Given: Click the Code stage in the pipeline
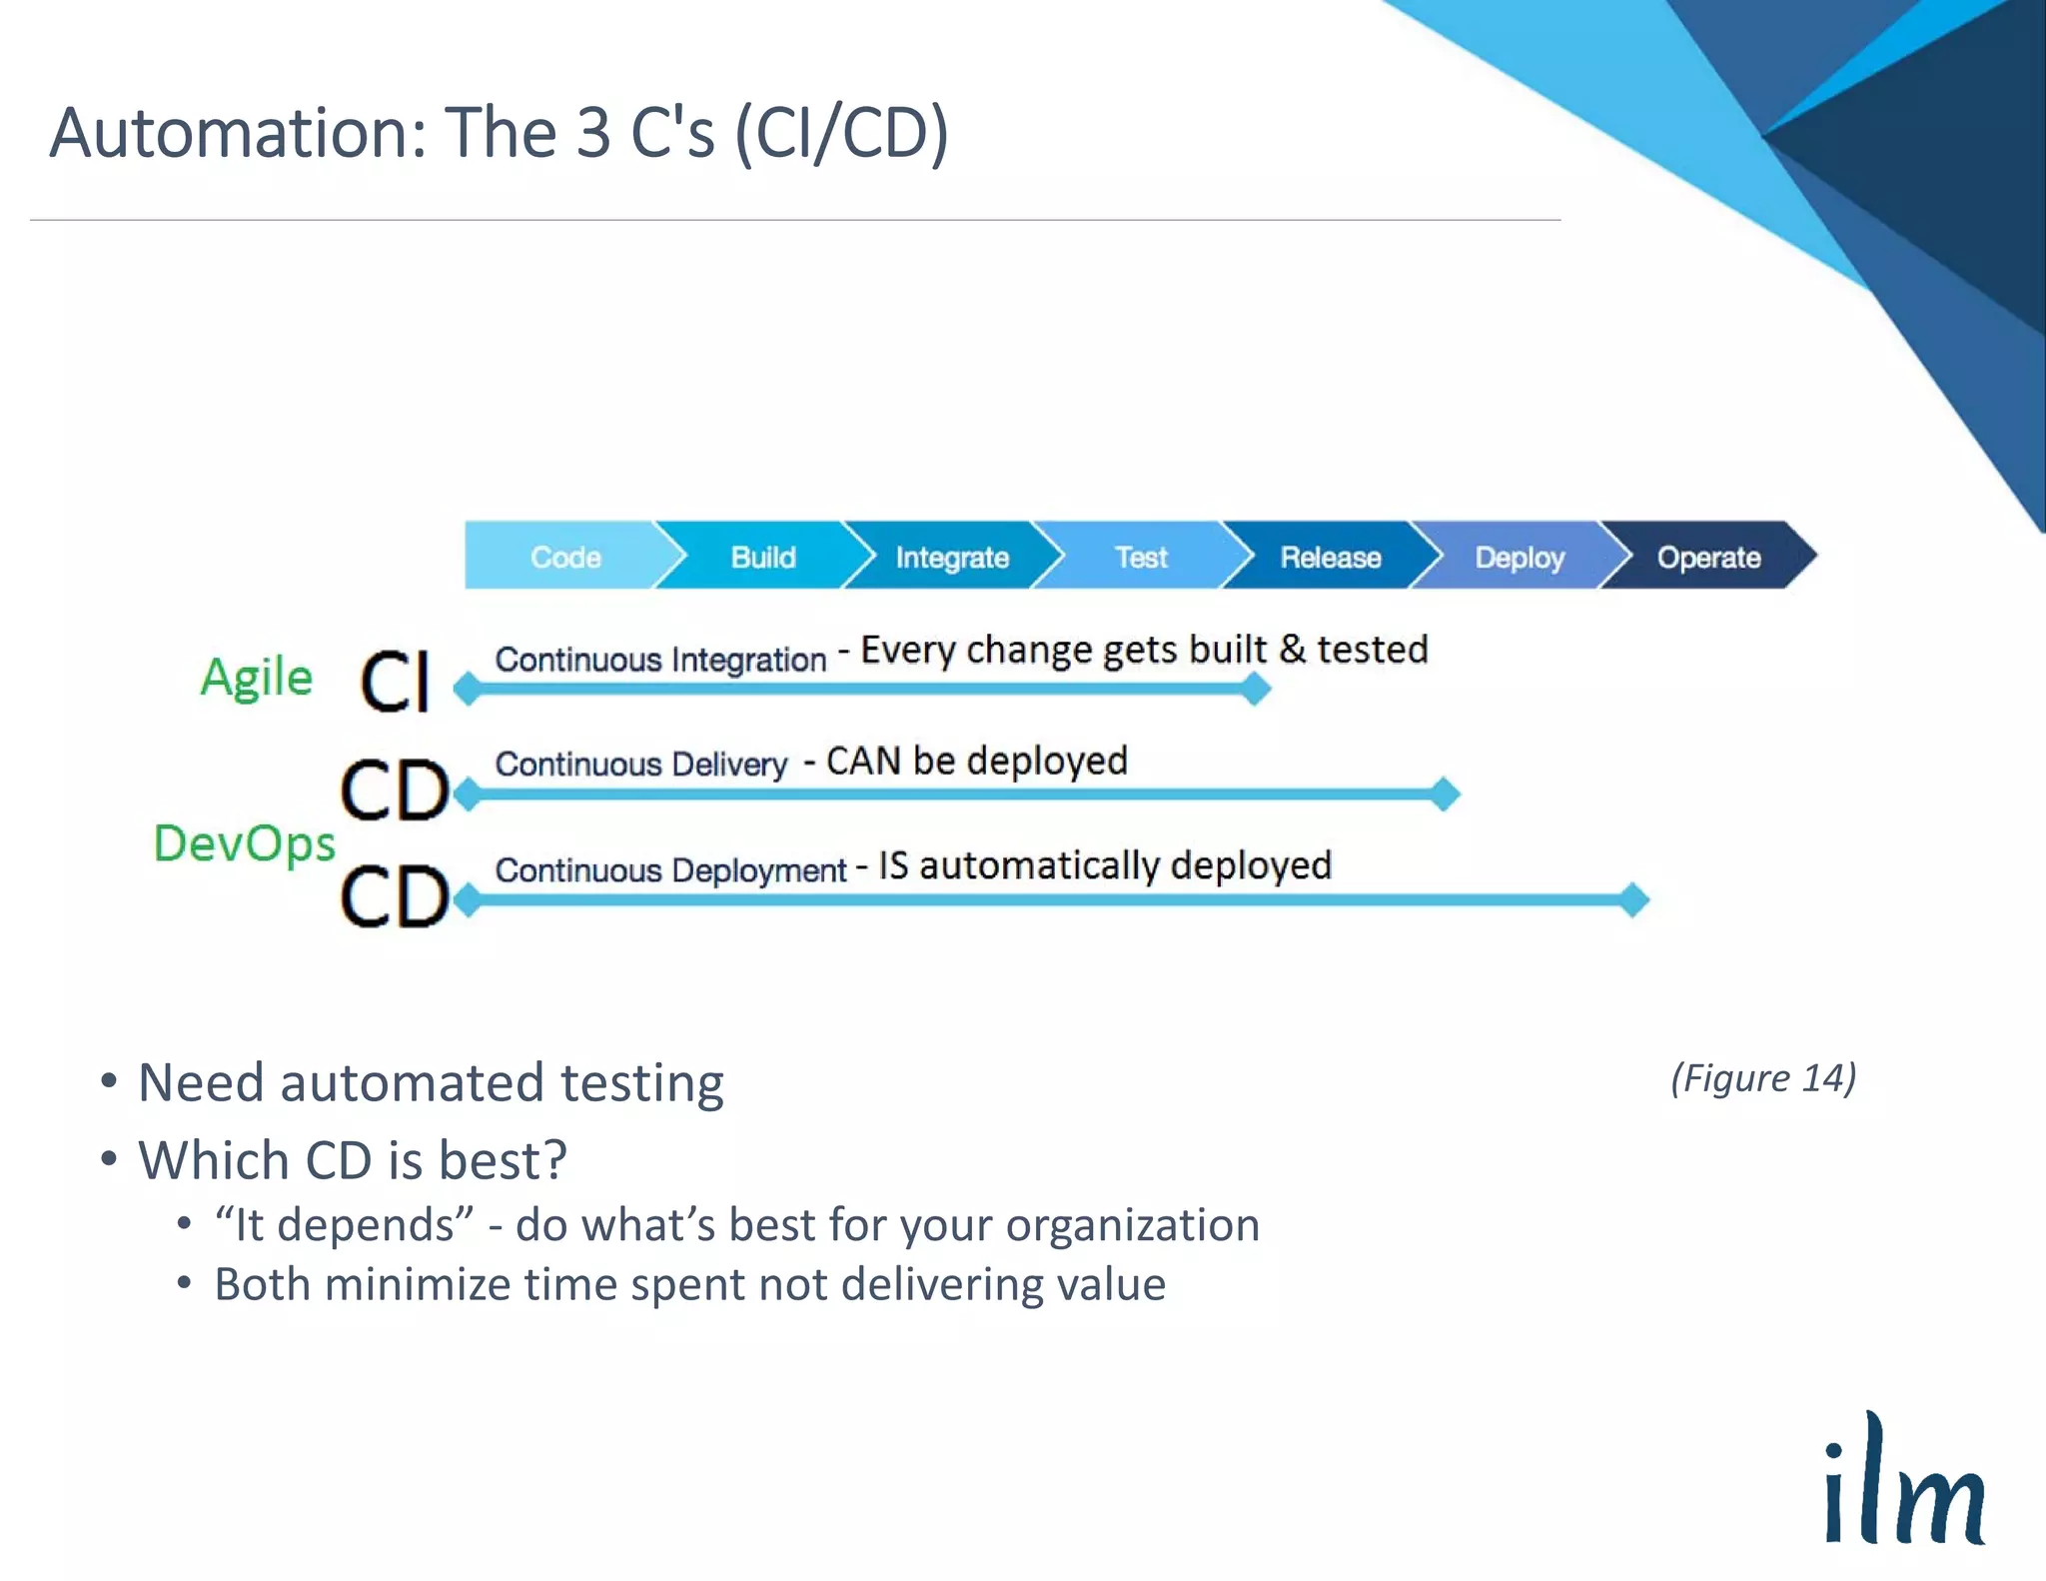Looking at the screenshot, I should point(565,557).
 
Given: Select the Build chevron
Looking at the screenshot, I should point(763,557).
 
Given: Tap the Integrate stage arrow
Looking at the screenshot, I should point(952,557).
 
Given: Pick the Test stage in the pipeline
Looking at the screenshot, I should point(1141,557).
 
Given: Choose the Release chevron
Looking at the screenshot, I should point(1331,557).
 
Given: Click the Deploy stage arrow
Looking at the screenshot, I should point(1520,557).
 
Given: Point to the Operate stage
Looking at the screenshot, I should point(1708,557).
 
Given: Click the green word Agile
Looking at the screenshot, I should point(257,678).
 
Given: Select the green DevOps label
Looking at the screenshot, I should point(245,843).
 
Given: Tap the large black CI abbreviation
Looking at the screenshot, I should point(396,682).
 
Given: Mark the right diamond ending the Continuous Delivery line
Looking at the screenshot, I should point(1444,794).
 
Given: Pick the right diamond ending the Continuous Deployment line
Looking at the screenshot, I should point(1632,899).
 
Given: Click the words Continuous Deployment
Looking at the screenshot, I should point(670,870).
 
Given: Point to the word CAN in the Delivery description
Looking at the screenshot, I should point(863,762).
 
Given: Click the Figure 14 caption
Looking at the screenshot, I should point(1763,1078).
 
